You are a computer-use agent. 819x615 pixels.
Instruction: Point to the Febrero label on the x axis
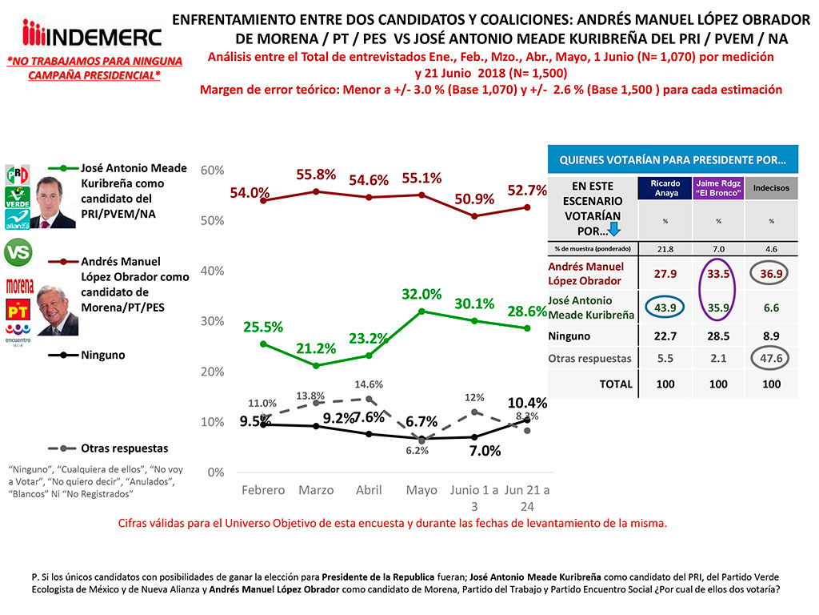coord(263,490)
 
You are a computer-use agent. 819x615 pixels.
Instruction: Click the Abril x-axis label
coord(368,490)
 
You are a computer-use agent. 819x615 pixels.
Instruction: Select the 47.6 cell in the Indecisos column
coord(771,358)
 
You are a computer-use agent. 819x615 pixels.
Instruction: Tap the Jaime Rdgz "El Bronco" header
coord(718,188)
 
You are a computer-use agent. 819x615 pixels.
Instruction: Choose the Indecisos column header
coord(771,188)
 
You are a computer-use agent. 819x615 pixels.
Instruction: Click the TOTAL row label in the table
coord(616,384)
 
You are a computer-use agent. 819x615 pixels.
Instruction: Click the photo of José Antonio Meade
coord(55,203)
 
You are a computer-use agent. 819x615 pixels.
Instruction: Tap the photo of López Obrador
coord(58,312)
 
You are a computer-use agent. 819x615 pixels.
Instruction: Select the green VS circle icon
coord(18,253)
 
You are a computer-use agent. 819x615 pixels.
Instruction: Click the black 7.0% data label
coord(485,451)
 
